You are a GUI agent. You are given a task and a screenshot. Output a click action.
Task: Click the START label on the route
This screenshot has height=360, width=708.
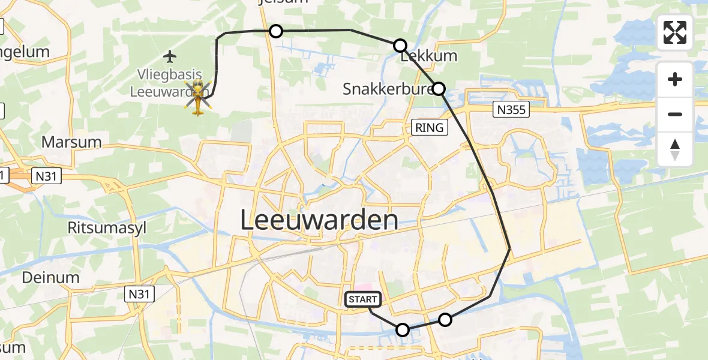pos(362,299)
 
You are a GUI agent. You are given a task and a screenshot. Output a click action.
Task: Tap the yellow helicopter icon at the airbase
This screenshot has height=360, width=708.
pos(198,98)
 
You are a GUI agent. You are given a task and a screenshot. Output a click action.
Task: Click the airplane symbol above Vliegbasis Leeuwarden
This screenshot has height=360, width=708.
pos(170,57)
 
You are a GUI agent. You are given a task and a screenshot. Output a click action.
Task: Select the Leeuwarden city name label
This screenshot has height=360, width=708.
pos(319,220)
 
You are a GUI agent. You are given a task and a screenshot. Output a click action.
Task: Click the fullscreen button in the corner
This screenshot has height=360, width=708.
pos(675,32)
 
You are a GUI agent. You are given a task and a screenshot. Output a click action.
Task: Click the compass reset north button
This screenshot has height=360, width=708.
pos(675,149)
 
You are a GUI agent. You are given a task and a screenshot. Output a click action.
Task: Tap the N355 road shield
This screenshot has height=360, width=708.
pos(511,109)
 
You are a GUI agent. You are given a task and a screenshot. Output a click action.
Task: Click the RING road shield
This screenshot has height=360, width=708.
pos(430,127)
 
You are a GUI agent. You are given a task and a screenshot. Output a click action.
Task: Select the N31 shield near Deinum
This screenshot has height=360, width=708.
pos(140,293)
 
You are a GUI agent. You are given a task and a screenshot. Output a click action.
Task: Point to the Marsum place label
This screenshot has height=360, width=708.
pos(71,142)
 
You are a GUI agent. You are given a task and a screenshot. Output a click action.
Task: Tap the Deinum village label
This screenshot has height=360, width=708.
pos(50,277)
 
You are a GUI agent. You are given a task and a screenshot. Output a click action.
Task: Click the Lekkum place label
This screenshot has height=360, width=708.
pos(428,56)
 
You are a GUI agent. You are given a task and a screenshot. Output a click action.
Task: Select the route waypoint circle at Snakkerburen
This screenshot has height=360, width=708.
pos(439,89)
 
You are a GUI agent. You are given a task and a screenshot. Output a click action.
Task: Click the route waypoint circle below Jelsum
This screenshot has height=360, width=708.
pos(275,31)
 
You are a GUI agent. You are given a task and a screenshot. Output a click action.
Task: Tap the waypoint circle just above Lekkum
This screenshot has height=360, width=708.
pos(400,45)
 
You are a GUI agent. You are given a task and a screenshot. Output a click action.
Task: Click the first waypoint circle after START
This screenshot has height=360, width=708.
pos(403,329)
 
